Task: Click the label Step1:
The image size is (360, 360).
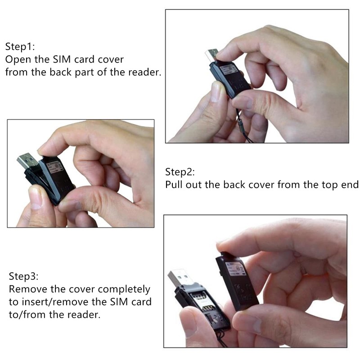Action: tap(19, 46)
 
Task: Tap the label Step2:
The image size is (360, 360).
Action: tap(179, 172)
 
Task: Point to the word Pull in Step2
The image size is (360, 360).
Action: tap(174, 184)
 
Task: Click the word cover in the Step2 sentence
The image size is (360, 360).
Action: tap(262, 184)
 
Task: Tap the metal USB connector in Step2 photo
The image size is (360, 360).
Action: tap(28, 163)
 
